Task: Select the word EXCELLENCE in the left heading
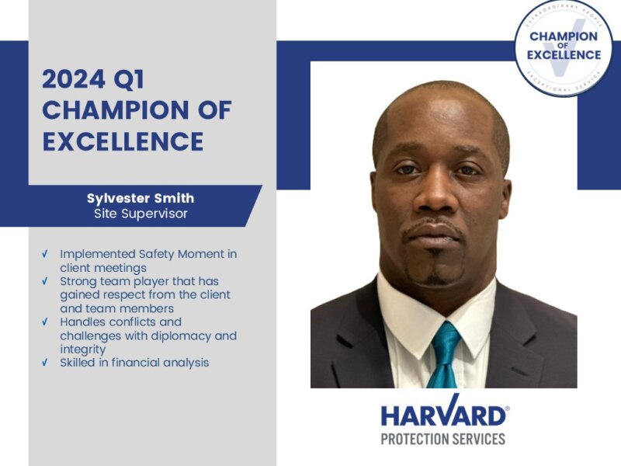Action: [123, 142]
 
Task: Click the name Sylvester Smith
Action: [141, 198]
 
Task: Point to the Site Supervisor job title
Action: [141, 214]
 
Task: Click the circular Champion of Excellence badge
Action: [564, 47]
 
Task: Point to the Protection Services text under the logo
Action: [442, 439]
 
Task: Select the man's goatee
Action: [435, 268]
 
